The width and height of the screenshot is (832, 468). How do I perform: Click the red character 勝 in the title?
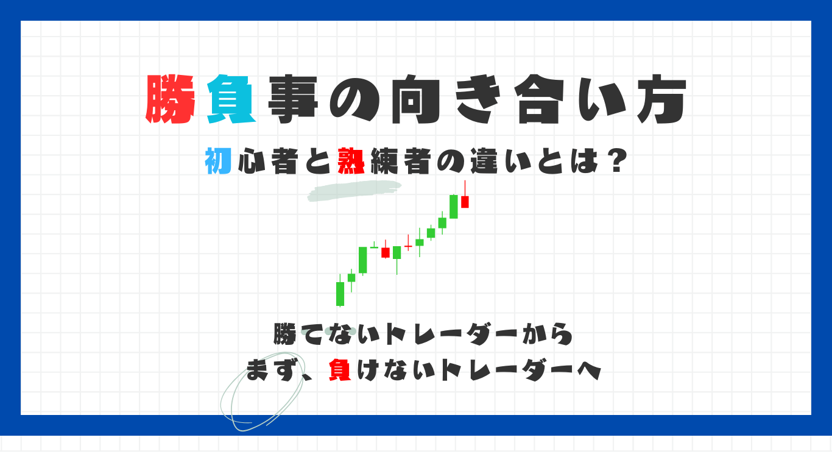pos(171,99)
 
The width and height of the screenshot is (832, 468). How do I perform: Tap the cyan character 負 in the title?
pos(231,99)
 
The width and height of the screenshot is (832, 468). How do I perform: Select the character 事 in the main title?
pos(294,99)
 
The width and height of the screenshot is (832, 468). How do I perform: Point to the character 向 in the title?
pos(415,99)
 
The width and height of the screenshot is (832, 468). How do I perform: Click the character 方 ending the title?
pos(661,99)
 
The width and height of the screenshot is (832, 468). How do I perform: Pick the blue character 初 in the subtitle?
pos(218,161)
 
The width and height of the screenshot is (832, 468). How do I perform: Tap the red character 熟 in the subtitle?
pos(351,161)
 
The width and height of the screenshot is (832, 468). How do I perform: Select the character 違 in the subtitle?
pos(484,161)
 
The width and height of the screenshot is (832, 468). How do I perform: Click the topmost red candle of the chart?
pos(465,202)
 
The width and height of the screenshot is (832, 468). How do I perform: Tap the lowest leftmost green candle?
pos(340,294)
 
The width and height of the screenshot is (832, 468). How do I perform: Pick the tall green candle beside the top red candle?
pos(454,207)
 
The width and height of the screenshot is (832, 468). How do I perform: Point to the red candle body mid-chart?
pos(386,253)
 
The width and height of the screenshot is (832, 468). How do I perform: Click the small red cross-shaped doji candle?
pos(408,246)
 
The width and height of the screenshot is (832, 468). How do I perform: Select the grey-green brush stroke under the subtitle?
pos(354,191)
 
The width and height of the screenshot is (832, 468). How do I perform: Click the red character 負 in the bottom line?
pos(340,370)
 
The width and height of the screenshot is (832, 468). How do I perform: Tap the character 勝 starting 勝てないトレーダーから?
pos(285,334)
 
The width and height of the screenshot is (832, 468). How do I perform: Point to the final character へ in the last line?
pos(590,371)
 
